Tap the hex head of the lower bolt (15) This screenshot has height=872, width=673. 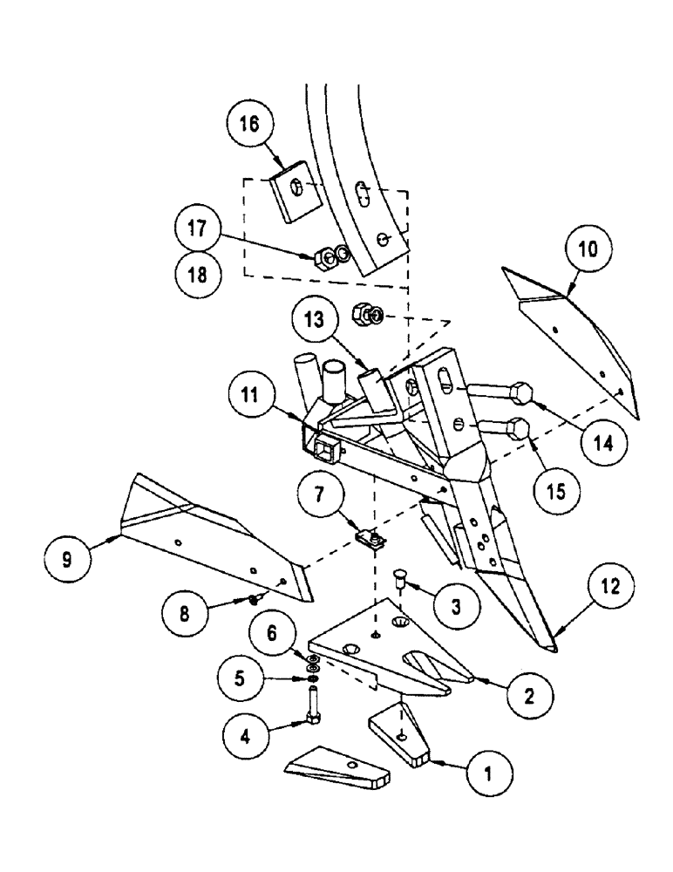(517, 429)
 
